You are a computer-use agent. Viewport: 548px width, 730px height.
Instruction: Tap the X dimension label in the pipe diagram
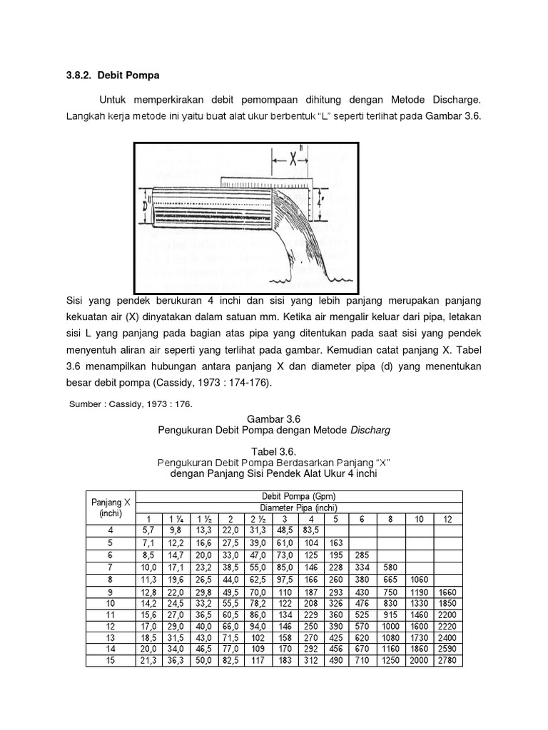(292, 161)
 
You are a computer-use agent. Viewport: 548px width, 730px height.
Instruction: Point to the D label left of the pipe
(146, 205)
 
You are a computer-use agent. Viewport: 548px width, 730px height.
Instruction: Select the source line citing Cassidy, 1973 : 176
(131, 404)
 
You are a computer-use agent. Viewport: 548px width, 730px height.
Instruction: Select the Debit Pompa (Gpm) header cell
(299, 496)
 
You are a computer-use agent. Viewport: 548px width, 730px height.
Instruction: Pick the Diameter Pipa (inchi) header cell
(299, 508)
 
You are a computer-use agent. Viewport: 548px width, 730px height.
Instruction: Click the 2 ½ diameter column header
(256, 519)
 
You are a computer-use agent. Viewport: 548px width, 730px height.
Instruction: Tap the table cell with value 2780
(447, 660)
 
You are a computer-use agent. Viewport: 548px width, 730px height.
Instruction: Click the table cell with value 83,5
(311, 530)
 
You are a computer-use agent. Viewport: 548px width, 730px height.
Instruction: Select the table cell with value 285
(362, 554)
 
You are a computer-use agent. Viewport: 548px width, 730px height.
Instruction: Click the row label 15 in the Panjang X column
(111, 660)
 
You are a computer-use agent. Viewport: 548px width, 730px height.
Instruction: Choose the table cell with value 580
(391, 566)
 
